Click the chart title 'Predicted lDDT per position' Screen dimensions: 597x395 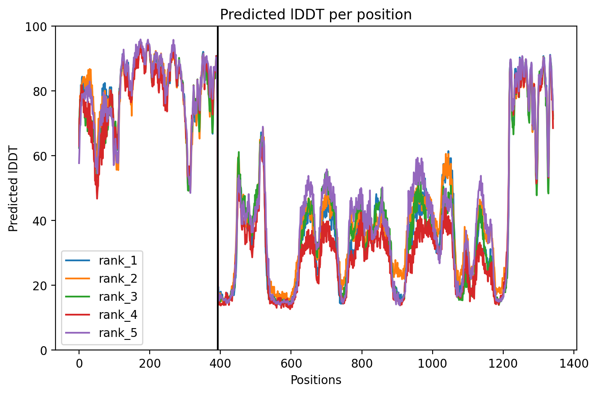point(316,15)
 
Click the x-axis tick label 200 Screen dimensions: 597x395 point(150,363)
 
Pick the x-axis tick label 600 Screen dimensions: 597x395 point(291,363)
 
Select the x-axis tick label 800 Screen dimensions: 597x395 point(362,363)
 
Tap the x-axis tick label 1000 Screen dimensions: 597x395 point(432,363)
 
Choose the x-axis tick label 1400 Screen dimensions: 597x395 point(573,363)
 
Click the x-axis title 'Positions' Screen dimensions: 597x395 point(316,380)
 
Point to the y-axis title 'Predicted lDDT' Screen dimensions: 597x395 point(13,188)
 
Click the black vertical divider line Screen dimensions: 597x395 point(218,188)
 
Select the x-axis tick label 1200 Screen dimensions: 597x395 point(503,363)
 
